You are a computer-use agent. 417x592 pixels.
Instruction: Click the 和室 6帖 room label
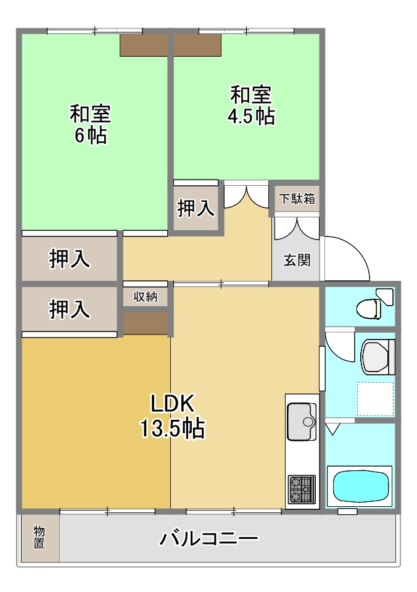tap(90, 124)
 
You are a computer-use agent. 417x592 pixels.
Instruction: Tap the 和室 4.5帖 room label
tap(251, 106)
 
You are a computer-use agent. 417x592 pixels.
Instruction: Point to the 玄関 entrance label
tap(297, 260)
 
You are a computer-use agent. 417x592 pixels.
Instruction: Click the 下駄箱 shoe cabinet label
tap(297, 199)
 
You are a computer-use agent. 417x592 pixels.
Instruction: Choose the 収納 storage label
tap(146, 297)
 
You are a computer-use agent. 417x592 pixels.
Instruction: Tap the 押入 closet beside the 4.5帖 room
tap(196, 209)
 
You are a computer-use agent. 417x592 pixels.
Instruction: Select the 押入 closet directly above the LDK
tap(70, 309)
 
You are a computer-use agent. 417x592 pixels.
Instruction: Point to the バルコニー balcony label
tap(208, 539)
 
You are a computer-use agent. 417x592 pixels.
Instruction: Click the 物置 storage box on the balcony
tap(39, 538)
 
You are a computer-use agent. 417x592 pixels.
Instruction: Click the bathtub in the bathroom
tap(363, 486)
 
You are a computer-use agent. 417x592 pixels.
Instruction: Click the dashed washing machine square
tap(375, 399)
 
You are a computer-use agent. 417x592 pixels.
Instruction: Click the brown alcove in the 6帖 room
tap(144, 46)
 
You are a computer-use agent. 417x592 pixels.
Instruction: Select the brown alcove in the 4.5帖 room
tap(197, 44)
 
